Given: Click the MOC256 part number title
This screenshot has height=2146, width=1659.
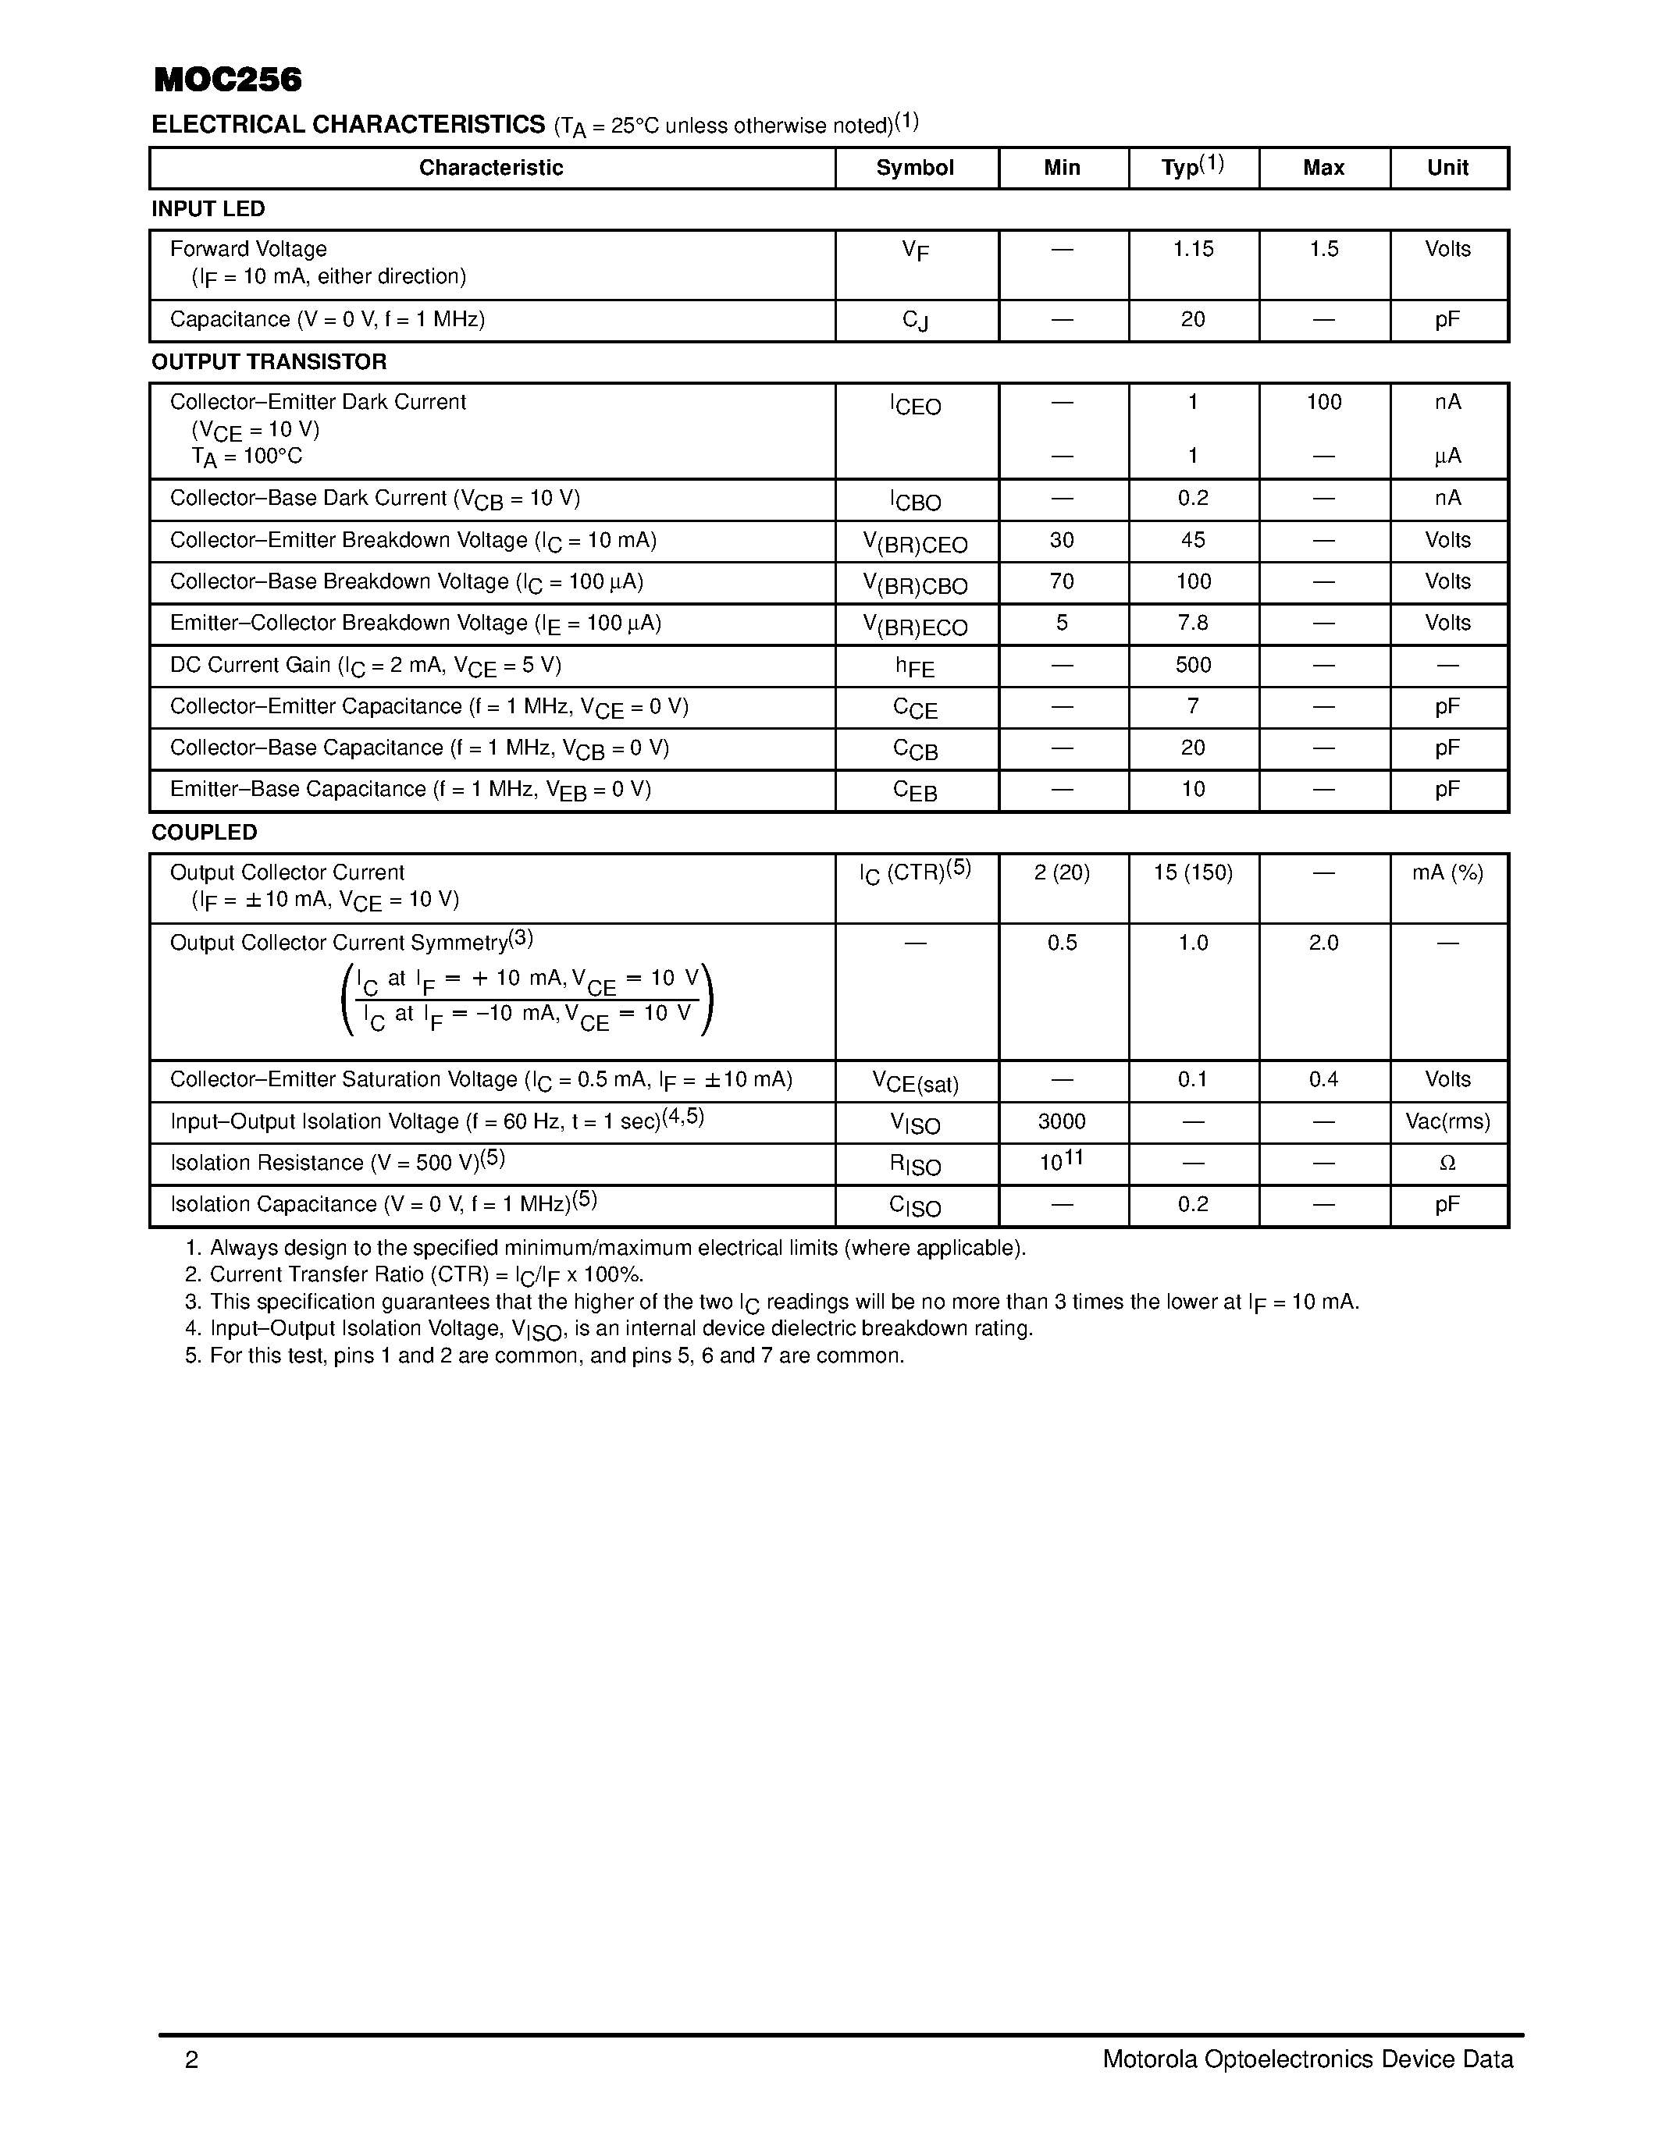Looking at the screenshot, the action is point(228,80).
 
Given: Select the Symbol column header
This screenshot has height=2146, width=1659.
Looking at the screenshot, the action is point(915,168).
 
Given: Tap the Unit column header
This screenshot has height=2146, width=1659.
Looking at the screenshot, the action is point(1447,168).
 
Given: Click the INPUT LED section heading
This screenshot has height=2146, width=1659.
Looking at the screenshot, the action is point(208,209).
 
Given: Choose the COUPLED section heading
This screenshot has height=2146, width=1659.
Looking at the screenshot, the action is point(205,833).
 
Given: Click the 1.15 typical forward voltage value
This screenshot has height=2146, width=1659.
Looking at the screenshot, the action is point(1193,250).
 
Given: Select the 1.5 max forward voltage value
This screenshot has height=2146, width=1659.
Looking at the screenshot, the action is point(1324,250).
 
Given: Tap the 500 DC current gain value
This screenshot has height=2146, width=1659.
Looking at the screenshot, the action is point(1193,665).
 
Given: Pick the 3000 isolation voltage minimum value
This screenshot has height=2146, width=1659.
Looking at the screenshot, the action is point(1063,1122).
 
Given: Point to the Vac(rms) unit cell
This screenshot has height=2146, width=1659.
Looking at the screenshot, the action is point(1447,1122).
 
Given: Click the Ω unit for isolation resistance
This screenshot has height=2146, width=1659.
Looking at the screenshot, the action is point(1447,1164).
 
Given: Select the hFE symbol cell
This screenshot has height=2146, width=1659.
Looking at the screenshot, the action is point(915,667).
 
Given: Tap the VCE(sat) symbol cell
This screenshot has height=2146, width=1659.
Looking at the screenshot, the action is point(915,1082).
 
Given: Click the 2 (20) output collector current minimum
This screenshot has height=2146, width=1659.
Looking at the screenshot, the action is point(1063,873).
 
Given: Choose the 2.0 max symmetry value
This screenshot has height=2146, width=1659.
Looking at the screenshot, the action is point(1324,943).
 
